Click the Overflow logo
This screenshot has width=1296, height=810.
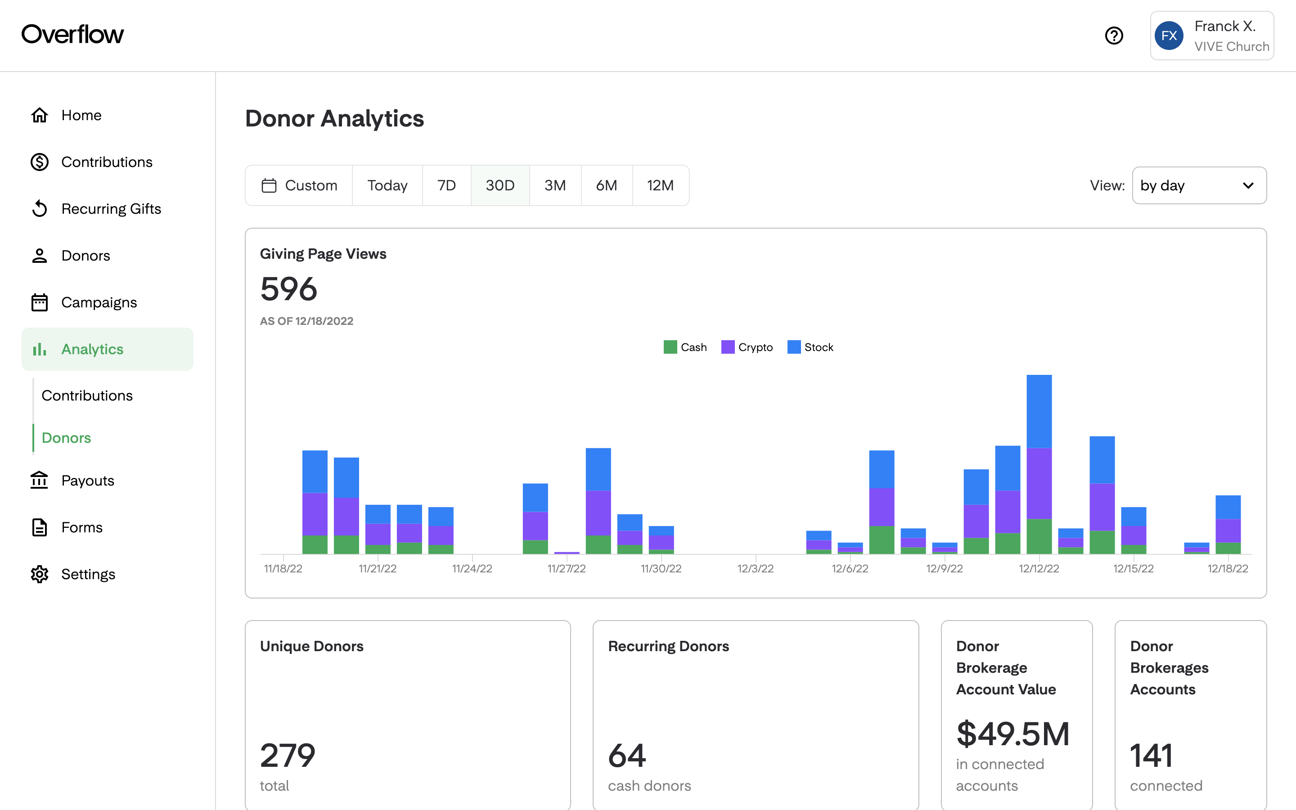click(x=72, y=34)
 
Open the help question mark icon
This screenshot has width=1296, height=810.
click(x=1114, y=36)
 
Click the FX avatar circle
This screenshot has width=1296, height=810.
click(x=1169, y=36)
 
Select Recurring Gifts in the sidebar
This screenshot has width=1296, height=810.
click(x=111, y=209)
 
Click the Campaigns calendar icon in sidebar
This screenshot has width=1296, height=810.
click(x=40, y=303)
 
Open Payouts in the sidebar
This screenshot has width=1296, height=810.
click(x=87, y=481)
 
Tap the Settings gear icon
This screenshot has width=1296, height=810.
click(x=40, y=574)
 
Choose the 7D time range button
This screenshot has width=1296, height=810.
click(x=446, y=185)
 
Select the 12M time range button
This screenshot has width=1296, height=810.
click(x=660, y=185)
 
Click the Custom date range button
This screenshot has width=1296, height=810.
click(x=299, y=185)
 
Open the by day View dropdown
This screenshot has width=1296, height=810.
click(x=1199, y=185)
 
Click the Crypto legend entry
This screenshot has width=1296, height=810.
click(x=747, y=347)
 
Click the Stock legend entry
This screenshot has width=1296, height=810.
click(x=810, y=347)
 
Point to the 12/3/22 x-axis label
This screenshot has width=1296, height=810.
click(x=755, y=568)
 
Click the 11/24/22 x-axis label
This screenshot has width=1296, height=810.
click(x=472, y=568)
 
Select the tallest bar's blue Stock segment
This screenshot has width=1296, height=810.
click(x=1039, y=411)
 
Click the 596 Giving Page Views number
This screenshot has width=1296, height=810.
click(x=288, y=289)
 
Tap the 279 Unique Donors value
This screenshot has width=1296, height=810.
click(x=288, y=756)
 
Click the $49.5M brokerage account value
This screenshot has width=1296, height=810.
click(x=1012, y=734)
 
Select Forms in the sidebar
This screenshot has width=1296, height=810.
click(x=81, y=528)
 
